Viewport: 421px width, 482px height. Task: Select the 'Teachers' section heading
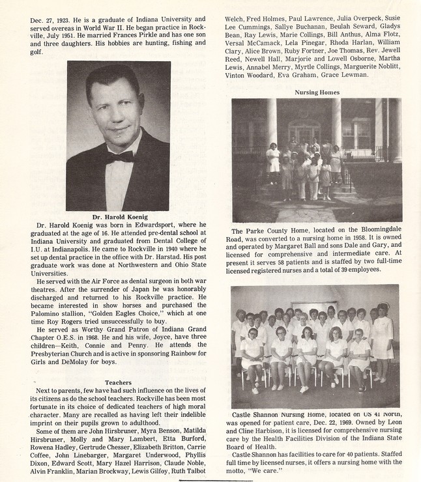pos(118,382)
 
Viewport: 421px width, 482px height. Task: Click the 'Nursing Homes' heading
pos(317,92)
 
